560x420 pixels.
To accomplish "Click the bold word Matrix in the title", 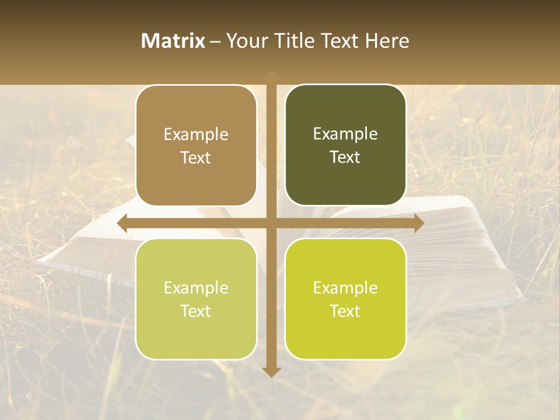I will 173,41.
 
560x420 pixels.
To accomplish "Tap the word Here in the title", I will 387,41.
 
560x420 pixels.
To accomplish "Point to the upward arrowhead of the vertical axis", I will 271,75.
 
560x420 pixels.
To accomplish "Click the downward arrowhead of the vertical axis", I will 271,372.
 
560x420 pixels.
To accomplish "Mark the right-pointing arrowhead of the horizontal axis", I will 418,223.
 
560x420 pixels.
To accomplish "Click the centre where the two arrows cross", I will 271,223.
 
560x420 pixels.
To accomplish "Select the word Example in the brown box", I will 196,135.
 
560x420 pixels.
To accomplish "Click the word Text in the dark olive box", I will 345,157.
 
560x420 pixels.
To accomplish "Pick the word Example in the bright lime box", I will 345,288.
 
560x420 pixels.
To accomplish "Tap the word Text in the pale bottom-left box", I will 196,311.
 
